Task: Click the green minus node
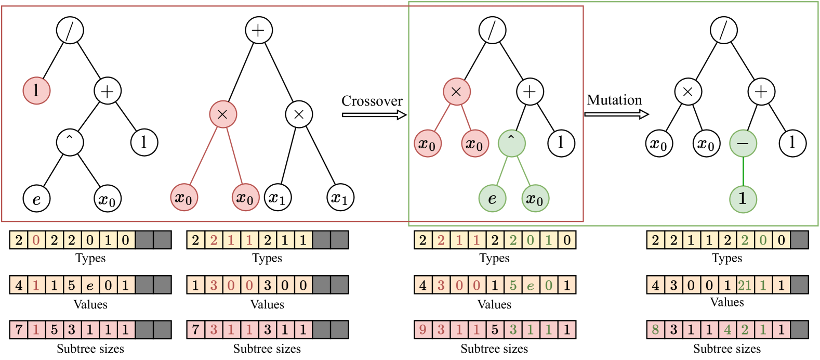[743, 143]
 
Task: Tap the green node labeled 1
[743, 198]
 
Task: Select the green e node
[492, 198]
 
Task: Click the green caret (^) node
[511, 143]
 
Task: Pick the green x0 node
[535, 198]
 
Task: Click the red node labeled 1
[36, 91]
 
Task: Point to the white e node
[36, 198]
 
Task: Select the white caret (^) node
[70, 142]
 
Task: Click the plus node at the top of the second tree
[259, 30]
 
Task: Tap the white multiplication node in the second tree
[299, 114]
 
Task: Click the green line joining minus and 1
[743, 171]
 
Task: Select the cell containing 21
[745, 285]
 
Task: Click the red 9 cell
[424, 330]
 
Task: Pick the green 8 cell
[656, 330]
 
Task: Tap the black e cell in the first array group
[90, 285]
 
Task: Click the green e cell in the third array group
[531, 285]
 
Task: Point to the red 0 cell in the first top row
[36, 240]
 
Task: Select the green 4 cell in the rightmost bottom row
[727, 330]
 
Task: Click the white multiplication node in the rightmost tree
[688, 92]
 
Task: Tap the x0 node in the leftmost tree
[108, 198]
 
